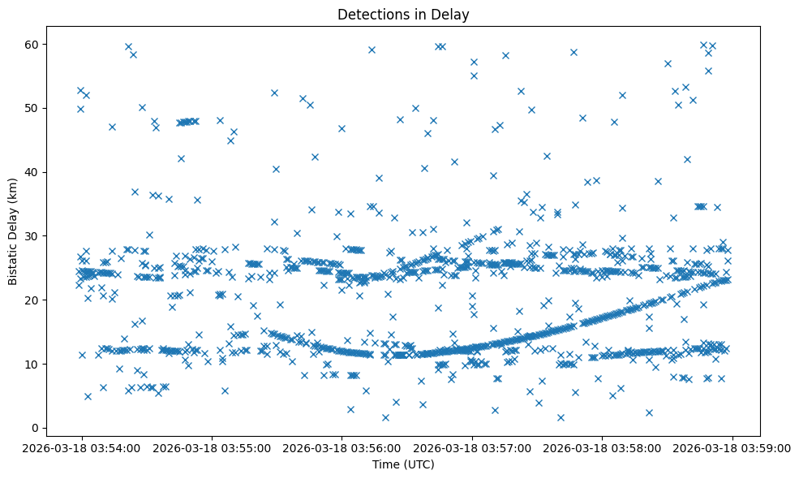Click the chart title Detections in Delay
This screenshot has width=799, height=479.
pyautogui.click(x=403, y=15)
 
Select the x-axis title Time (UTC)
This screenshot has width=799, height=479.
pyautogui.click(x=403, y=464)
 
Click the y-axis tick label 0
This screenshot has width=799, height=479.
pyautogui.click(x=40, y=428)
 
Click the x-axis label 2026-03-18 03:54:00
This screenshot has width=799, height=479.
pyautogui.click(x=81, y=447)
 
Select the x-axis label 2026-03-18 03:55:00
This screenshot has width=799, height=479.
pyautogui.click(x=212, y=447)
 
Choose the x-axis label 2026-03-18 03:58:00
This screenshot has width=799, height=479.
pyautogui.click(x=603, y=447)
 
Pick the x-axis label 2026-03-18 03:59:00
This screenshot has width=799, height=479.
pyautogui.click(x=733, y=447)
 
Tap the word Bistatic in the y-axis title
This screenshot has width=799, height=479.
pyautogui.click(x=13, y=258)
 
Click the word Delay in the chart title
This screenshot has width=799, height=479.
pyautogui.click(x=453, y=15)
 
